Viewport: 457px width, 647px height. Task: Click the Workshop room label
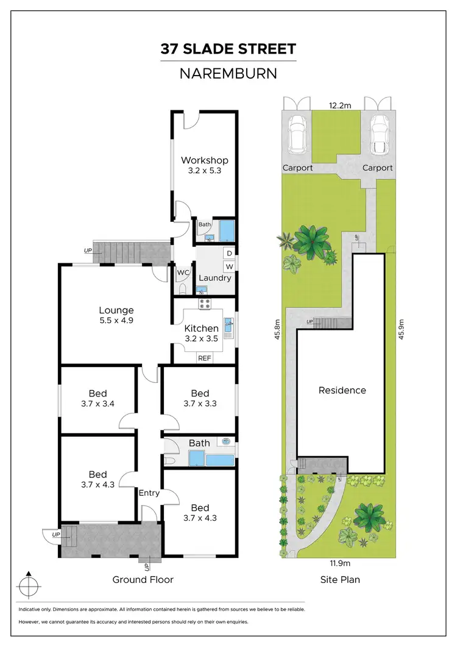pos(204,160)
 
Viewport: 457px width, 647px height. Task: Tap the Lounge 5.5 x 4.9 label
pos(116,310)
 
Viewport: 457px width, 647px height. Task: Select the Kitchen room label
pos(201,329)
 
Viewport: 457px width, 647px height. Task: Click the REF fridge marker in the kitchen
pos(204,359)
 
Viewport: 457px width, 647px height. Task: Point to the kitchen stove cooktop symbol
pos(204,304)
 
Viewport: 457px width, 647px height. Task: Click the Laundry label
pos(214,278)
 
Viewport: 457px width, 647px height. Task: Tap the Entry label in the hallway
pos(149,493)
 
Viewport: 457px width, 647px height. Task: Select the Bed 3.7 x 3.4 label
pos(97,398)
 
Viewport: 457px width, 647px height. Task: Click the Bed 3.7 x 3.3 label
pos(199,398)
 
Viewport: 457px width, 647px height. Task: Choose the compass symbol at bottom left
pos(28,587)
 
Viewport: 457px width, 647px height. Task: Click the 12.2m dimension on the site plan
pos(341,105)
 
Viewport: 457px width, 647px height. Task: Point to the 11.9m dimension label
pos(340,563)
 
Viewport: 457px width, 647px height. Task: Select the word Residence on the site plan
pos(342,390)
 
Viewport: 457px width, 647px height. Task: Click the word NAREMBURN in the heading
pos(228,74)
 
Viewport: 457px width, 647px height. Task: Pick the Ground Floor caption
pos(143,579)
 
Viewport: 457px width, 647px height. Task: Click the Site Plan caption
pos(340,579)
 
